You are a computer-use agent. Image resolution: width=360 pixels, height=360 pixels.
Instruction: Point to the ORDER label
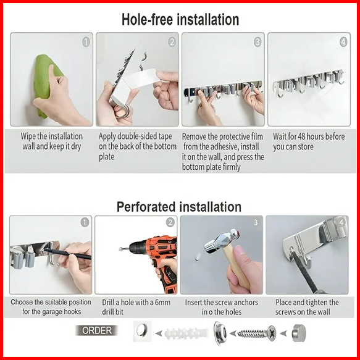pyautogui.click(x=97, y=330)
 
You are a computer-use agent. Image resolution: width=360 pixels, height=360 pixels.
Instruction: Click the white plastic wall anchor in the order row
pyautogui.click(x=186, y=333)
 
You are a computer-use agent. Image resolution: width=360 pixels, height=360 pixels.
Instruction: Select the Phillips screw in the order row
pyautogui.click(x=257, y=333)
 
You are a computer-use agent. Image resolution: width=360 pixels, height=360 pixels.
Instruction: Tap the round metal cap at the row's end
pyautogui.click(x=299, y=333)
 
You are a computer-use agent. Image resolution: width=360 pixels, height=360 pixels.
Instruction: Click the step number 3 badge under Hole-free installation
pyautogui.click(x=257, y=42)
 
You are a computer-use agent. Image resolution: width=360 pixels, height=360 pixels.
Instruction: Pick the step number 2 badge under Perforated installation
pyautogui.click(x=170, y=222)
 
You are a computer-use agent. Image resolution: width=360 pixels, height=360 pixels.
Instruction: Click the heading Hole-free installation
pyautogui.click(x=180, y=19)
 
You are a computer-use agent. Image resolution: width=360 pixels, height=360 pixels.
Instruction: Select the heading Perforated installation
pyautogui.click(x=179, y=207)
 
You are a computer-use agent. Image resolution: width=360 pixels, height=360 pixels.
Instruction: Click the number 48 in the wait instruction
pyautogui.click(x=303, y=136)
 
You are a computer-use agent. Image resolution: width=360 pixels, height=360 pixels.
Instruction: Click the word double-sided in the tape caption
pyautogui.click(x=135, y=136)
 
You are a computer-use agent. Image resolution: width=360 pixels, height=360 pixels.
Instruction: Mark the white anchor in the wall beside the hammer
pyautogui.click(x=198, y=257)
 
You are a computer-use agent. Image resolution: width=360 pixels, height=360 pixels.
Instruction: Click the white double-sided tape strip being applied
pyautogui.click(x=138, y=78)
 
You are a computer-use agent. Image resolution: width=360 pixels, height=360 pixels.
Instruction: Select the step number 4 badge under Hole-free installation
pyautogui.click(x=343, y=42)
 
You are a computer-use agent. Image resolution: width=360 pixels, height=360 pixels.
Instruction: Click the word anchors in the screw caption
pyautogui.click(x=246, y=303)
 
